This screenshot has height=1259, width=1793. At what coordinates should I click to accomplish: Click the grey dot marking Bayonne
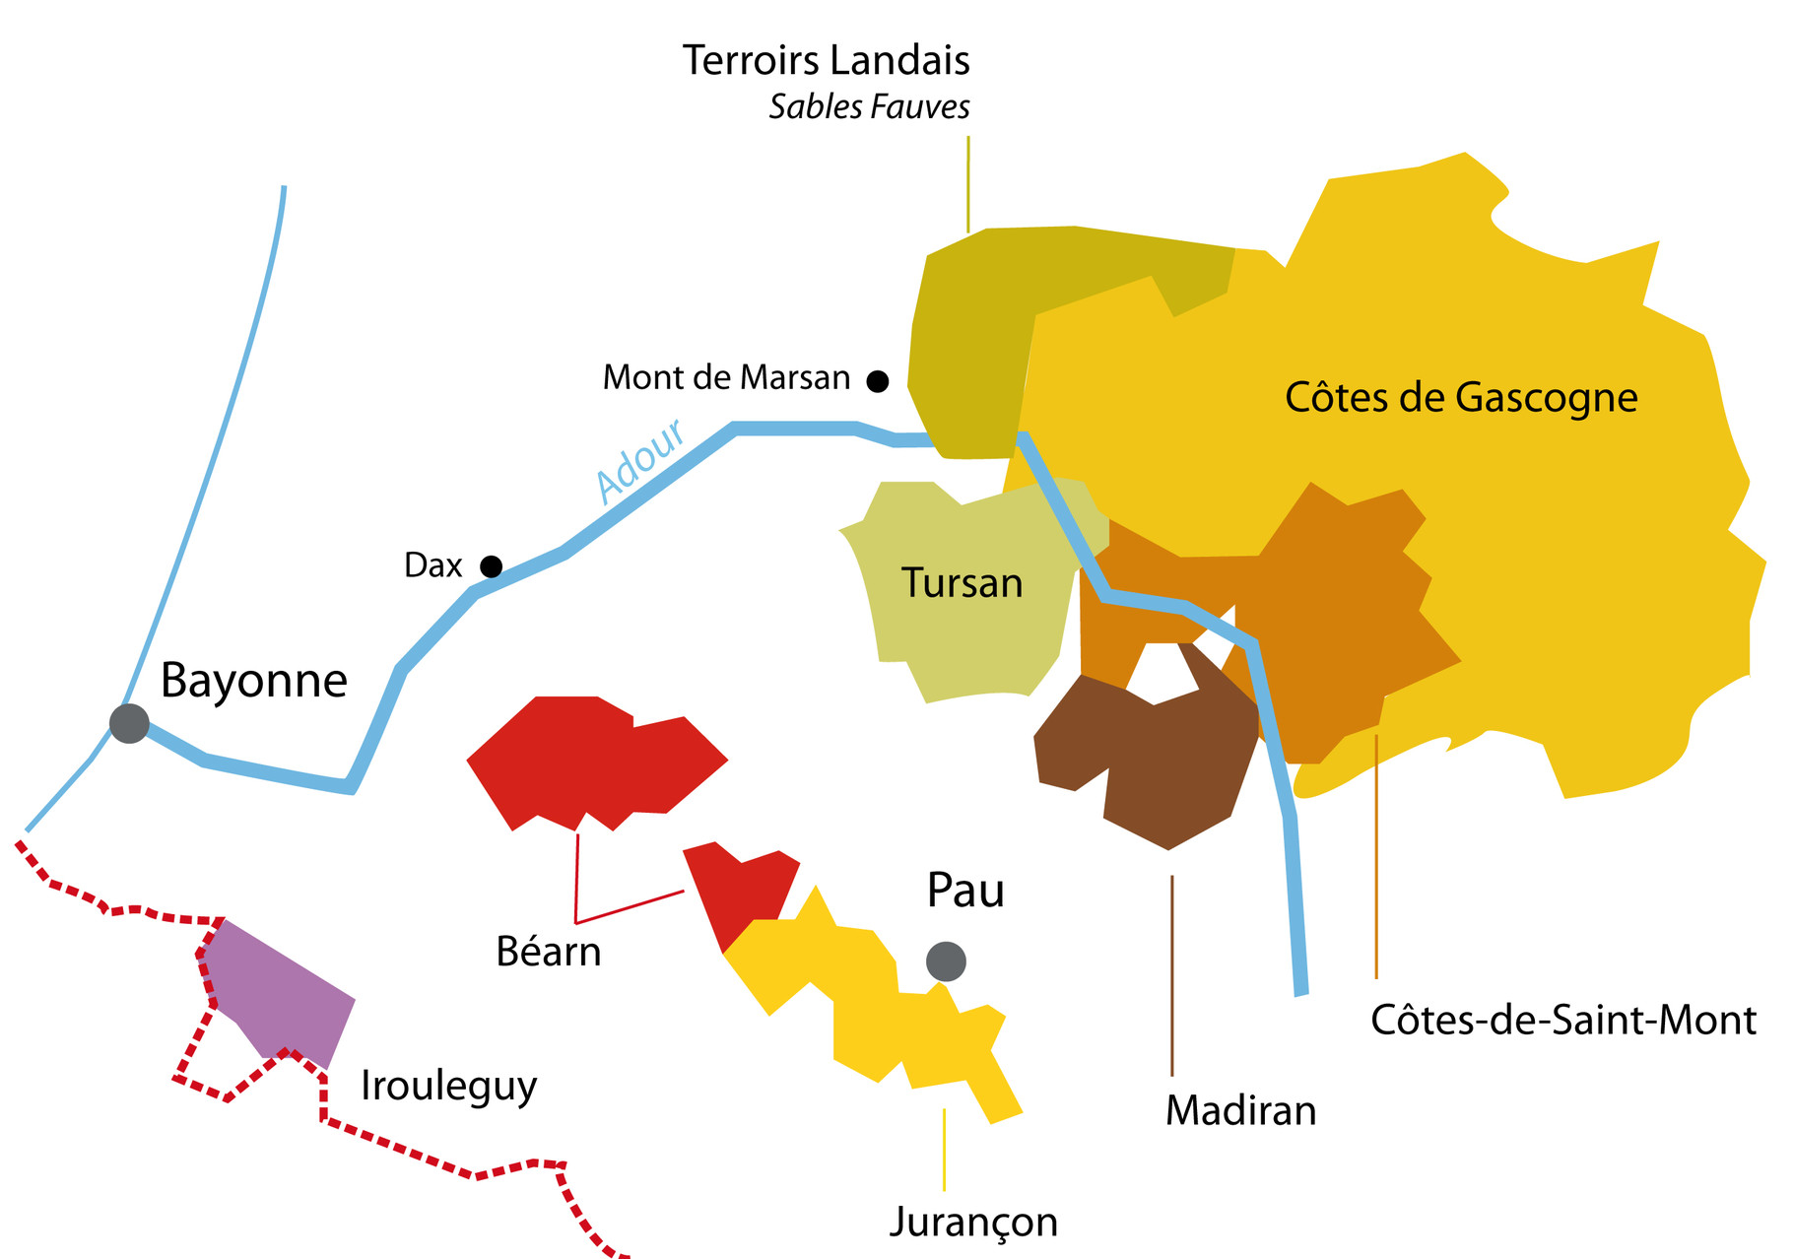tap(129, 723)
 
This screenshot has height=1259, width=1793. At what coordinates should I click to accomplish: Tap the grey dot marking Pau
tap(946, 961)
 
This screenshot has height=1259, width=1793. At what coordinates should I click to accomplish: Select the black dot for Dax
tap(491, 566)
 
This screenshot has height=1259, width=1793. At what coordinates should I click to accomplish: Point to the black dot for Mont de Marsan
tap(877, 381)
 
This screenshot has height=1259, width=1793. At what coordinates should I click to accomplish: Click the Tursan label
tap(962, 583)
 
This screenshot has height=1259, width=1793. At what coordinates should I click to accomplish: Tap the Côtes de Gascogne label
tap(1460, 398)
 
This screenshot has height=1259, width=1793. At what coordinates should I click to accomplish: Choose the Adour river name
tap(640, 460)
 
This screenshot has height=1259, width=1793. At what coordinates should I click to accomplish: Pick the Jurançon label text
tap(973, 1222)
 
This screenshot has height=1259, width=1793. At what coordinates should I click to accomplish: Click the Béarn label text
tap(549, 953)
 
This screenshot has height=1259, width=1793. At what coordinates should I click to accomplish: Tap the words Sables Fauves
tap(869, 106)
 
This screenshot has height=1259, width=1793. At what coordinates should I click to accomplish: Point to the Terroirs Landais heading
tap(826, 61)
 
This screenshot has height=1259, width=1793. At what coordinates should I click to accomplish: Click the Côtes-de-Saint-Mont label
tap(1562, 1021)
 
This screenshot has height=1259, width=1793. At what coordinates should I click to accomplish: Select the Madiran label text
tap(1240, 1111)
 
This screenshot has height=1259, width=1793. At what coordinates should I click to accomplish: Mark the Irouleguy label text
tap(449, 1086)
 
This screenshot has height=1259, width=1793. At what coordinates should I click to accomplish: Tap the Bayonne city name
tap(254, 681)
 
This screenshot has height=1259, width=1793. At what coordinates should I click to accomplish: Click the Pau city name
tap(965, 891)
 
